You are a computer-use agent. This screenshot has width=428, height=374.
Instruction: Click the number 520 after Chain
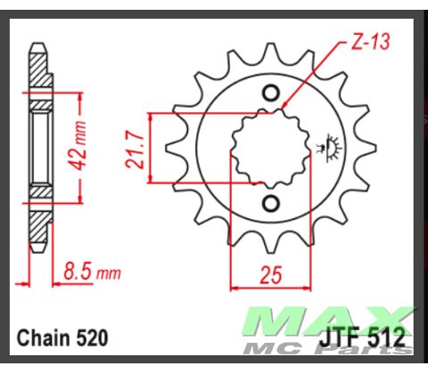92,338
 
